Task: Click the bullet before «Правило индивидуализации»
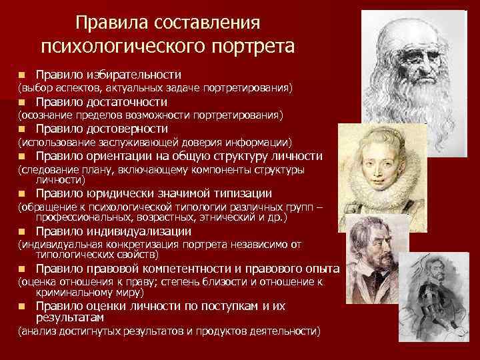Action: click(22, 232)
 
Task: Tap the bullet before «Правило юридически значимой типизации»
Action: click(22, 194)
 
